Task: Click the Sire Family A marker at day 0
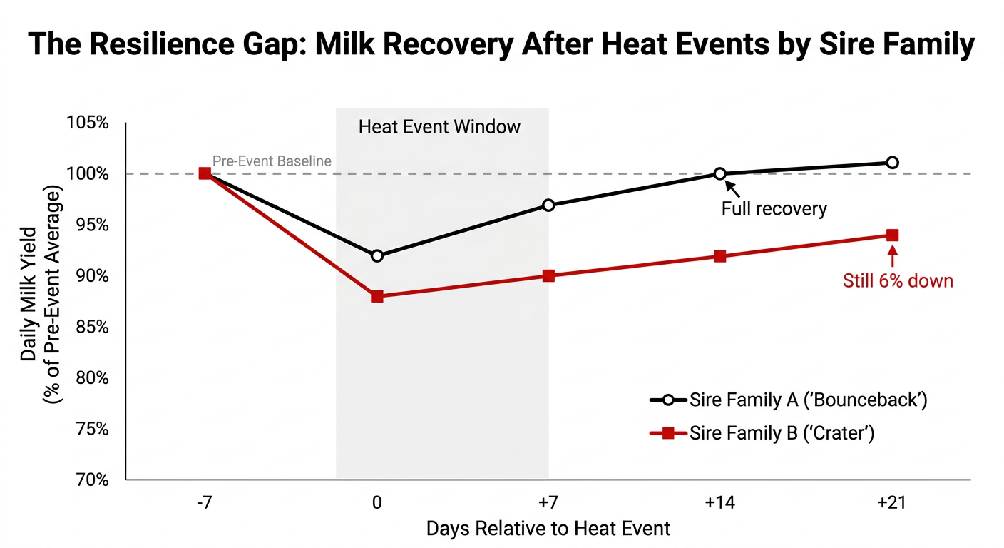tap(377, 255)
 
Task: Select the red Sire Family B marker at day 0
tap(377, 296)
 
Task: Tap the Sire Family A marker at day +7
tap(548, 205)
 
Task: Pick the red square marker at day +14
tap(720, 256)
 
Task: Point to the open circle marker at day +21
tap(892, 163)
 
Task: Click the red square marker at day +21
tap(892, 235)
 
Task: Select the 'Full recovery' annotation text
tap(774, 209)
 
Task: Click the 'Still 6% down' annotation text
tap(898, 280)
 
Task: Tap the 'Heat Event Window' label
tap(439, 128)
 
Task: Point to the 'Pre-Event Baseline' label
tap(272, 161)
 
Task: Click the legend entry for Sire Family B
tap(782, 433)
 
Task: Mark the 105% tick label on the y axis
tap(88, 123)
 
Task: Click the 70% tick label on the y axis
tap(90, 480)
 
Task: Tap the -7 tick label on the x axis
tap(205, 502)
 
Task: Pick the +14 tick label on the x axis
tap(720, 502)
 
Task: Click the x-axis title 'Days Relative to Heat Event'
tap(548, 529)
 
